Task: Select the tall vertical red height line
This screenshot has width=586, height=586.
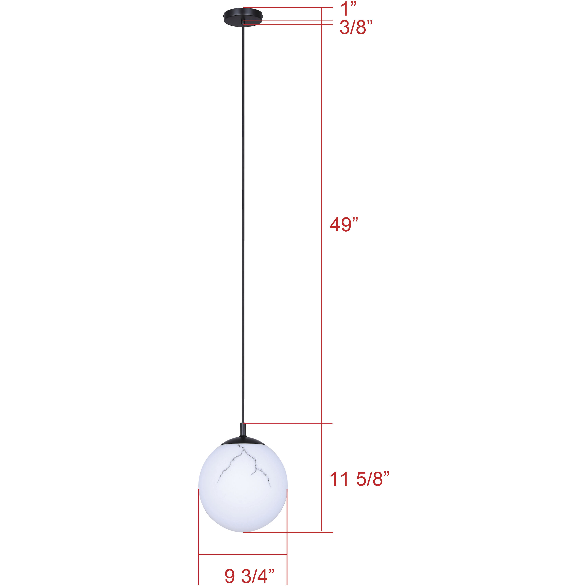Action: tap(321, 273)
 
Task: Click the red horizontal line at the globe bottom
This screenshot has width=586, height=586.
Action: tap(288, 532)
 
